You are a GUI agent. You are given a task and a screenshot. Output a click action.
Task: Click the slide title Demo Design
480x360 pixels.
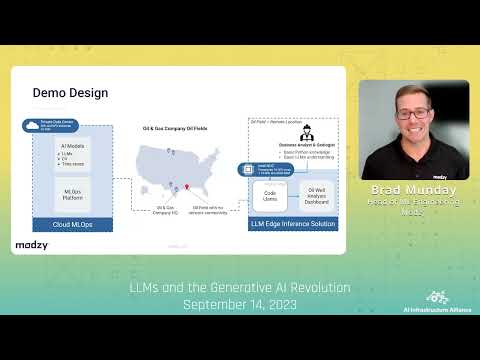click(x=70, y=93)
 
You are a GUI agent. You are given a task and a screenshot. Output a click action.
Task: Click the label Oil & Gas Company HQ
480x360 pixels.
click(x=167, y=210)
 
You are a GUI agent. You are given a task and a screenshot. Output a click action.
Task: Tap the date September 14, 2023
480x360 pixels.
click(x=241, y=303)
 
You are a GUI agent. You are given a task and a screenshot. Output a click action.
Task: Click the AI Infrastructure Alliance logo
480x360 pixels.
click(x=436, y=298)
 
